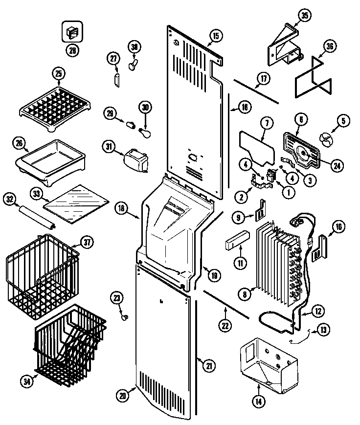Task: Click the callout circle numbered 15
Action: pyautogui.click(x=216, y=35)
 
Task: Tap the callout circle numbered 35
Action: pyautogui.click(x=305, y=16)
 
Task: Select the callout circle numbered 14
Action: pyautogui.click(x=258, y=402)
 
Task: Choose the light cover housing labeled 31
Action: pyautogui.click(x=136, y=159)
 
